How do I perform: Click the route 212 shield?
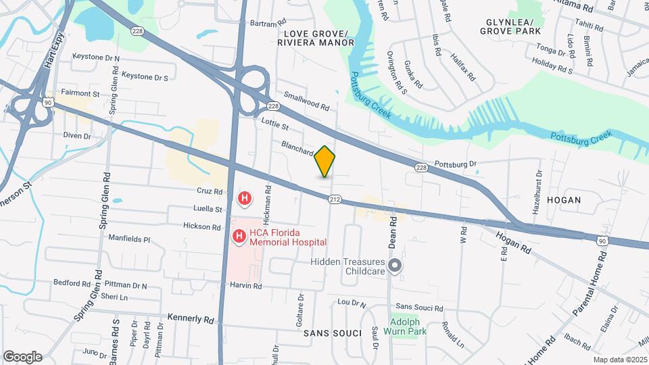point(335,200)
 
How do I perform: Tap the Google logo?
point(23,357)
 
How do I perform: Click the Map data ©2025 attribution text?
point(620,360)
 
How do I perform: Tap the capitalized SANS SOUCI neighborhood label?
point(329,333)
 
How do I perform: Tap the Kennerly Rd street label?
point(191,318)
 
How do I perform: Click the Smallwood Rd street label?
point(306,101)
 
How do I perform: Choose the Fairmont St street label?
point(80,93)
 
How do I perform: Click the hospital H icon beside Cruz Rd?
point(245,199)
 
